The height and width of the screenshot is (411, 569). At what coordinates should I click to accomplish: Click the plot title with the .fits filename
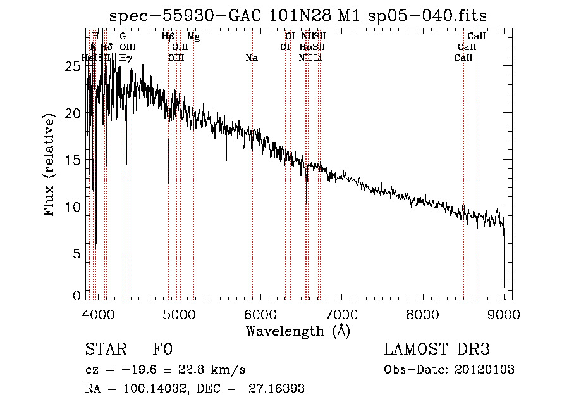pos(298,15)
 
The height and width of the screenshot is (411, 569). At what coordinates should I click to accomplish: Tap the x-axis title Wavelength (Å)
pos(298,331)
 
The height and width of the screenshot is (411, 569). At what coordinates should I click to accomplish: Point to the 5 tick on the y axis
pos(76,253)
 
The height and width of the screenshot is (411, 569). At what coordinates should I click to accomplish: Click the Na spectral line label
pos(252,58)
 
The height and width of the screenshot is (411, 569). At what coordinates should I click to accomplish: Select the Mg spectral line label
pos(193,37)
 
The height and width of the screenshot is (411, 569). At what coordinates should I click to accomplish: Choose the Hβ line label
pos(168,37)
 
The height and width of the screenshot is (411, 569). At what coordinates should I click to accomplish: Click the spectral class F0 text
pos(162,350)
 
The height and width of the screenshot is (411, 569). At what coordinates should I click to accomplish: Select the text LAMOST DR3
pos(437,350)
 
